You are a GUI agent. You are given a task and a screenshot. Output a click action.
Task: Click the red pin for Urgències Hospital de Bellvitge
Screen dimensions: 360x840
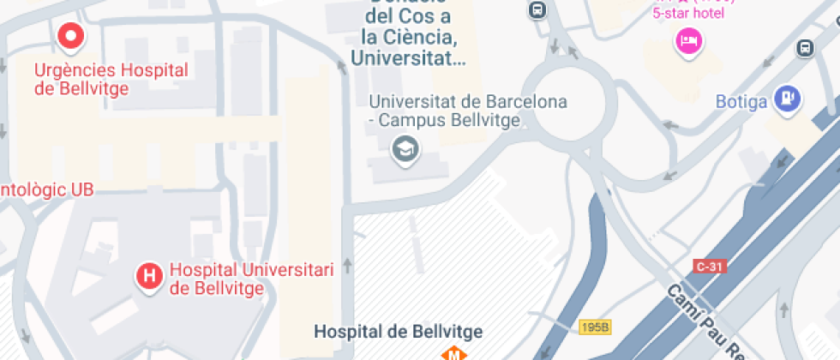pos(71,36)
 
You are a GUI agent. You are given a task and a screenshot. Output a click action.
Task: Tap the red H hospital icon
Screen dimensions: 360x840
pos(150,276)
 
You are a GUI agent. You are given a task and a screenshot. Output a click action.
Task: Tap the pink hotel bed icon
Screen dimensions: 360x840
pos(688,39)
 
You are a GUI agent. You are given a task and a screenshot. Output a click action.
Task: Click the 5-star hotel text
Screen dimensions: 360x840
pos(688,13)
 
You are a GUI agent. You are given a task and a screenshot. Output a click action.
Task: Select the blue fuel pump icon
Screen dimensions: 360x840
pos(787,99)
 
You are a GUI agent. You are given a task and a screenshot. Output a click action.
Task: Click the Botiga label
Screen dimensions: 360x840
pos(741,102)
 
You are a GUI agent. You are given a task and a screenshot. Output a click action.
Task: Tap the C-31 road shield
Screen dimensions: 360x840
pos(711,267)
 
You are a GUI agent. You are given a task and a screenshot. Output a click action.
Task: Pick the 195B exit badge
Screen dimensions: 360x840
pos(594,327)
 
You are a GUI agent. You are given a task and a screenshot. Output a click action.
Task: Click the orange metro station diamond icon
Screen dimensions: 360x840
pos(452,353)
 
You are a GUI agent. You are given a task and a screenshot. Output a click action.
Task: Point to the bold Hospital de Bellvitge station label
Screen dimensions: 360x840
pos(399,331)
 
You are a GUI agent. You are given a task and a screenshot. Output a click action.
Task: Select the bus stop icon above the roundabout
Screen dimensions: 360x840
pos(537,10)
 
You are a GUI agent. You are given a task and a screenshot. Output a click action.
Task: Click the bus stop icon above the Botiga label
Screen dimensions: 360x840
pos(805,48)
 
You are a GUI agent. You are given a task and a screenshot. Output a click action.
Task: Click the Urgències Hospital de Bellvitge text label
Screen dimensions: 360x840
pos(111,79)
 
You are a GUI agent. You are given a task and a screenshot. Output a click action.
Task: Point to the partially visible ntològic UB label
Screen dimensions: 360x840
pos(47,189)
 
